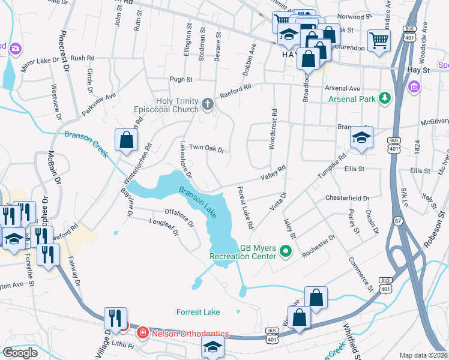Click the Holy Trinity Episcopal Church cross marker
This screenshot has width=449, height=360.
pos(207,105)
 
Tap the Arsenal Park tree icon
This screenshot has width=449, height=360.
pos(384,98)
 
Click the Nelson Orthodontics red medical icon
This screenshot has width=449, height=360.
pos(143,332)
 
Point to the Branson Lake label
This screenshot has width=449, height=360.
pos(197,201)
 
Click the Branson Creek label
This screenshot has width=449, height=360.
pos(86,145)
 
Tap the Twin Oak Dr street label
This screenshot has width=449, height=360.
pos(206,148)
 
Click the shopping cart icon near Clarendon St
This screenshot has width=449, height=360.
pos(379,41)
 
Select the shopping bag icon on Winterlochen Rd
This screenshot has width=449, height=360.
pos(127,140)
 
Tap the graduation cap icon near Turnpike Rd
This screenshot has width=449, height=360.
pos(361,137)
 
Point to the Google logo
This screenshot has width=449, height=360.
pos(20,353)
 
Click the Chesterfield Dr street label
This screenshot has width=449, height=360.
pos(347,197)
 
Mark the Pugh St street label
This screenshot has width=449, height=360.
pos(181,79)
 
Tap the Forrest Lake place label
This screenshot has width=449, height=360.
pos(198,312)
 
